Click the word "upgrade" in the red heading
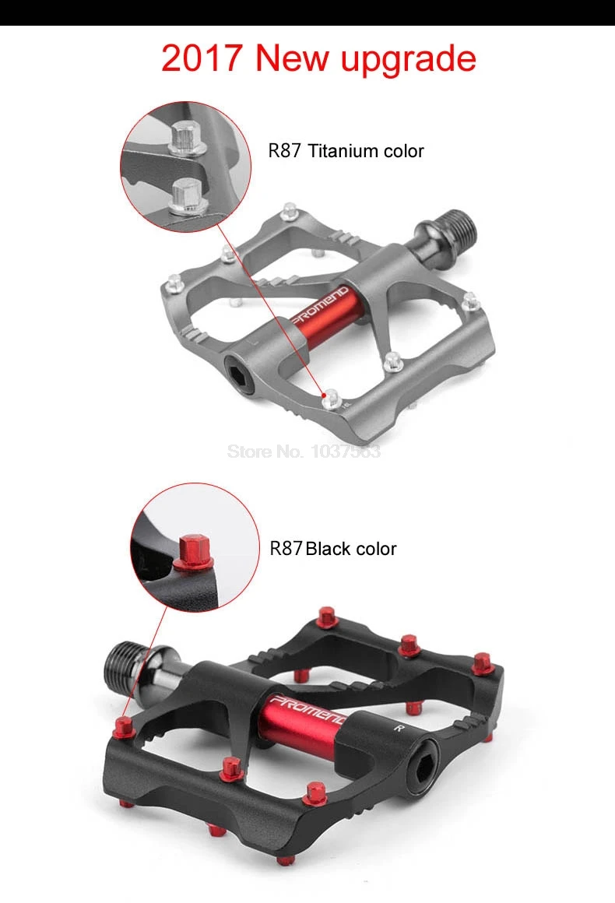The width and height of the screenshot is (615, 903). point(408,60)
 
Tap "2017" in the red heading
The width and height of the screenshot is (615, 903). point(202,58)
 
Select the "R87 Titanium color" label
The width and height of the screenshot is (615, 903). point(346,151)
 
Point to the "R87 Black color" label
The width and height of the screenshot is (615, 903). point(333,548)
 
